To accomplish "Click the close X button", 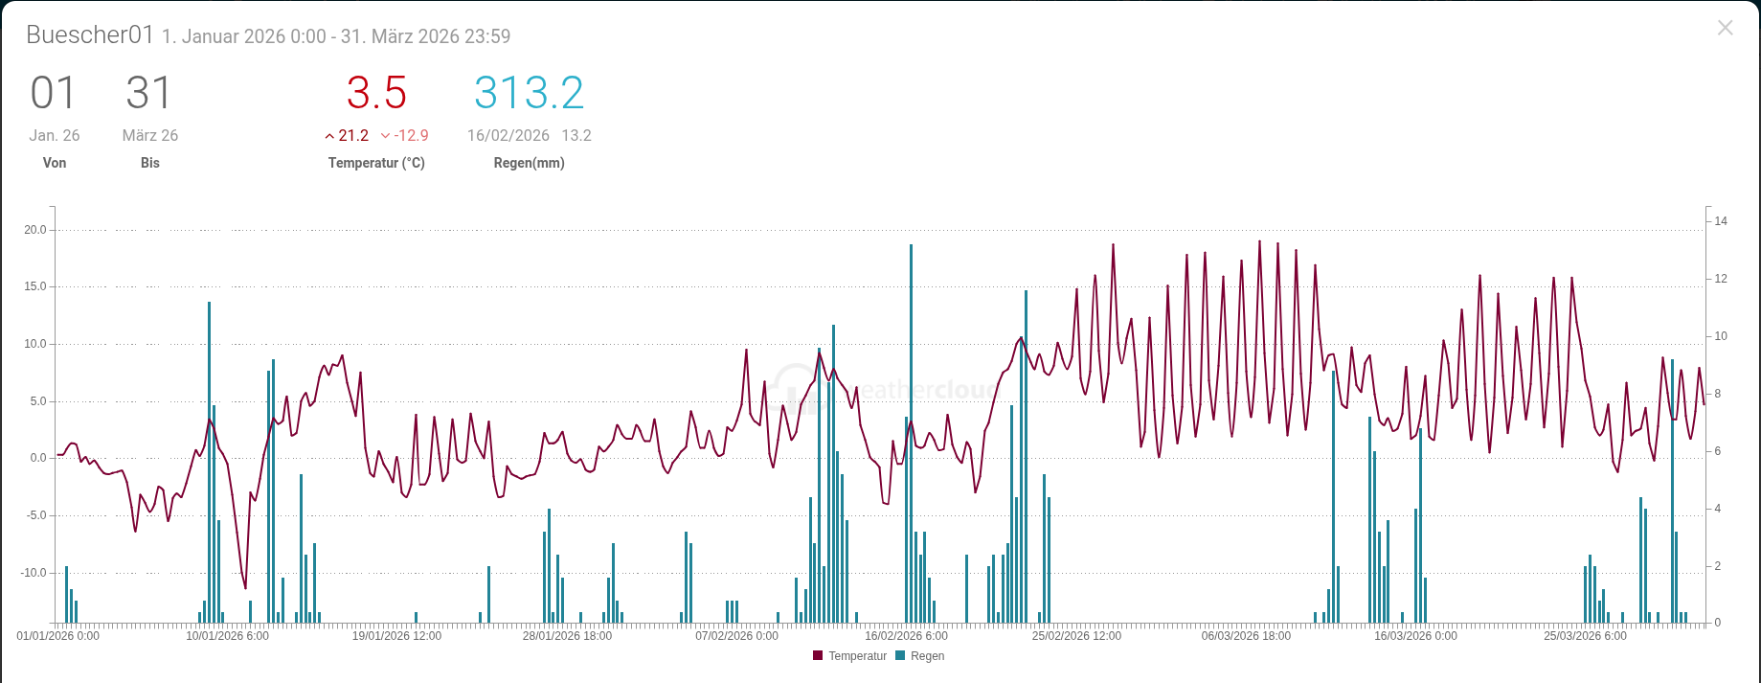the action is coord(1725,28).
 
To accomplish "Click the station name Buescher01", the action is coord(90,34).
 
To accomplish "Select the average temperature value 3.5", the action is coord(376,93).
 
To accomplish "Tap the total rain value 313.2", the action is coord(529,93).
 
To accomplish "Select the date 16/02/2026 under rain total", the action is coord(508,135).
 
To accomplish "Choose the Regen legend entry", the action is coord(920,656).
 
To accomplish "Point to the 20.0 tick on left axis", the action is coord(35,230).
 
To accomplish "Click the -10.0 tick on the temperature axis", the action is coord(34,573).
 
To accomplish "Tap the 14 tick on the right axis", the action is coord(1721,221).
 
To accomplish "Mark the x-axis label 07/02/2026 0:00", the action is coord(736,636).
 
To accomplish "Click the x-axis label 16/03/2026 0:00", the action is coord(1415,636).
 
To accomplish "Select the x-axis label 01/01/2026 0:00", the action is coord(57,636).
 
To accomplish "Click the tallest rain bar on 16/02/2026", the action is coord(911,434).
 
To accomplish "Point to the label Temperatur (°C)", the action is coord(376,163).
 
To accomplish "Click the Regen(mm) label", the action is coord(529,163).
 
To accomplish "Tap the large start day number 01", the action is coord(53,93).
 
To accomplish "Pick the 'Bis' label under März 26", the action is coord(150,163).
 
